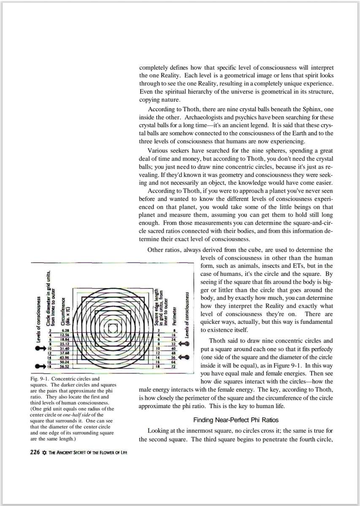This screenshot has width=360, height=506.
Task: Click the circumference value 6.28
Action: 65,330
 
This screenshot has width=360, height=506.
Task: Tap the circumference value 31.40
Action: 65,348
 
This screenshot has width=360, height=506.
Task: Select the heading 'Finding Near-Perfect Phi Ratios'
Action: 236,420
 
